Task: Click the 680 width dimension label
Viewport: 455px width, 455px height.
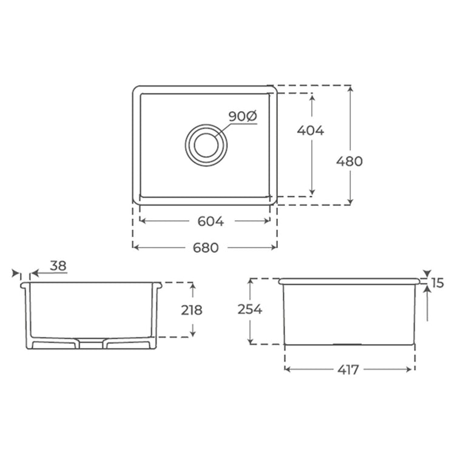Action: (x=206, y=248)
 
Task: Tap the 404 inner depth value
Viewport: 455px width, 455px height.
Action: (x=311, y=130)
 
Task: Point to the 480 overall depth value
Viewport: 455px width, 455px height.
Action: (x=349, y=161)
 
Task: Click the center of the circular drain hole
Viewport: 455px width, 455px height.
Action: (x=207, y=144)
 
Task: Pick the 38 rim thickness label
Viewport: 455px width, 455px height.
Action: (x=58, y=265)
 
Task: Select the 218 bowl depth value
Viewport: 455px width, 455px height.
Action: (x=192, y=309)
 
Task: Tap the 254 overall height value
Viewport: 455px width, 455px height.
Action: (x=250, y=309)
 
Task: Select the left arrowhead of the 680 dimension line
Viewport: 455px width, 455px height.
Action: (x=135, y=247)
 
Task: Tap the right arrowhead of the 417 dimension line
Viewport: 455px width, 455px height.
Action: (x=412, y=369)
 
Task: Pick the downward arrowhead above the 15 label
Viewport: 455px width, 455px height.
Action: (x=428, y=274)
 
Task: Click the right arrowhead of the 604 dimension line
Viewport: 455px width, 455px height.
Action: (x=268, y=221)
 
